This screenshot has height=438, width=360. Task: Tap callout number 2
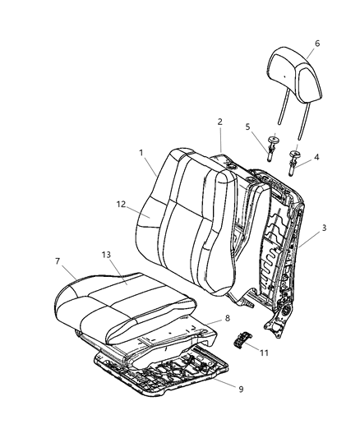pos(220,122)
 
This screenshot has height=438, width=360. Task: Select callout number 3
pos(325,228)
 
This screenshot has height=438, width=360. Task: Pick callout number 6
pos(316,44)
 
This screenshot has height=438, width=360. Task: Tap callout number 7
pos(58,260)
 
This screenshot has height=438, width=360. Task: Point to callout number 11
pos(264,353)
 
